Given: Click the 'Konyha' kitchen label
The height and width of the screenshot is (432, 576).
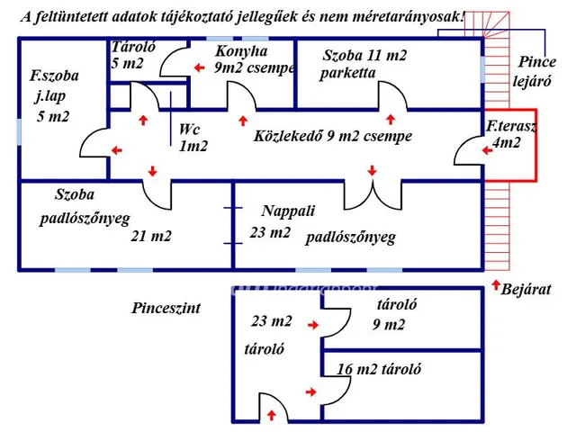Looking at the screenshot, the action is click(241, 52).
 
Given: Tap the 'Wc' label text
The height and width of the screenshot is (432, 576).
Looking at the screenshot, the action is click(189, 130).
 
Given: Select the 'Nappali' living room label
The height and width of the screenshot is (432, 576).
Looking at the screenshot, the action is click(288, 211).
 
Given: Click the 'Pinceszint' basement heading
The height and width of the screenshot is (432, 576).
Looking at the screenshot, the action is click(166, 308).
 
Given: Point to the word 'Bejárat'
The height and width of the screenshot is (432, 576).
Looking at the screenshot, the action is click(526, 290).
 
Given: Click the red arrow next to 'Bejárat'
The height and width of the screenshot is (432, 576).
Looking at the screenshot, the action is click(496, 284).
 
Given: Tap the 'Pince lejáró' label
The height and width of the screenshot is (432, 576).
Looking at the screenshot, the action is click(535, 71).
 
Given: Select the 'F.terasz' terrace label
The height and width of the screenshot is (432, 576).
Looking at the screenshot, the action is click(511, 126).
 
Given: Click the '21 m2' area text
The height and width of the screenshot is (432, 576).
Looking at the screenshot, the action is click(151, 236).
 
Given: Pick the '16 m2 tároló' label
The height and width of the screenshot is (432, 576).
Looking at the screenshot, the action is click(379, 369).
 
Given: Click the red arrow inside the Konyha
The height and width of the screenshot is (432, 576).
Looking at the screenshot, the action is click(200, 67).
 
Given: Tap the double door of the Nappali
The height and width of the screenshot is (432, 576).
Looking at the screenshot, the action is click(373, 194).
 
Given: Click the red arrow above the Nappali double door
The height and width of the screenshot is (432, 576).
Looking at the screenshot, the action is click(372, 170).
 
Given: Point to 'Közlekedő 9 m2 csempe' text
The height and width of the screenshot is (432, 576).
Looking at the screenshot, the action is click(333, 136).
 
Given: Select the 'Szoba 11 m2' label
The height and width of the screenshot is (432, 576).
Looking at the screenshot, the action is click(364, 56).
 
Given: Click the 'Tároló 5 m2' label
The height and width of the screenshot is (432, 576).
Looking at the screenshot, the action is click(133, 55).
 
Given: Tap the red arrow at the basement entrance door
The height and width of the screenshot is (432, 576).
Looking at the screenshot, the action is click(272, 415).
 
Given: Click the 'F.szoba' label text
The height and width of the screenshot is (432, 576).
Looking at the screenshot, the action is click(54, 76).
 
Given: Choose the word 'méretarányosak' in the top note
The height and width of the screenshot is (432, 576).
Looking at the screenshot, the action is click(406, 17).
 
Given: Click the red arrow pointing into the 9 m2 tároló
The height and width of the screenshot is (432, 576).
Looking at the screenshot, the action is click(313, 325).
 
